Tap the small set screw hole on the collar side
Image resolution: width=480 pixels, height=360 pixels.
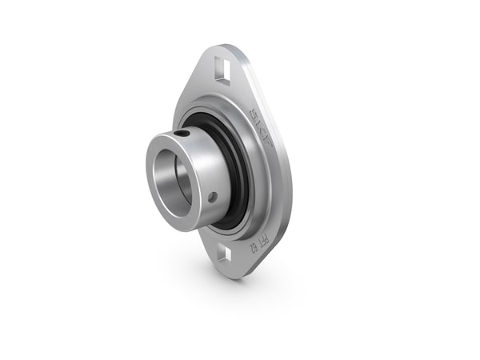click(212, 195)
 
